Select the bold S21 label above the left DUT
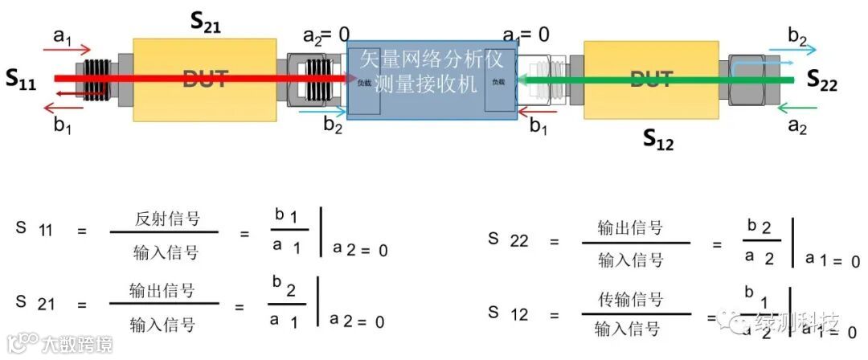pos(206,22)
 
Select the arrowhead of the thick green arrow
pos(522,79)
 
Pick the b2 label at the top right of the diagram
pos(798,35)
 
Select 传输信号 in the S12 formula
pos(631,300)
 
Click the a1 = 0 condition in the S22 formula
pos(833,260)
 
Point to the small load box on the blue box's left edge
pos(364,83)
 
